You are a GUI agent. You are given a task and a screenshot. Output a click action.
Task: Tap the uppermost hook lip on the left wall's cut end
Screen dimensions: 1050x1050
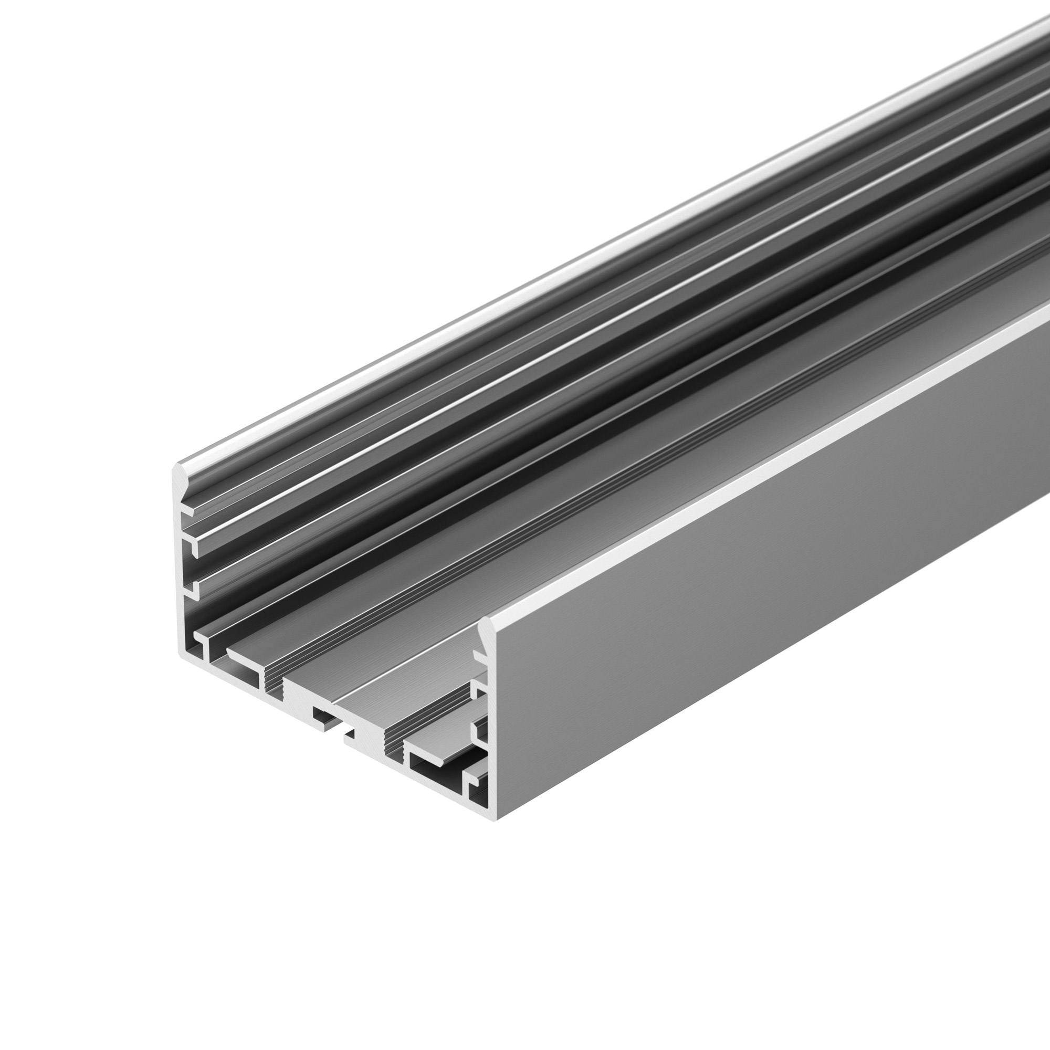tap(188, 512)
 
